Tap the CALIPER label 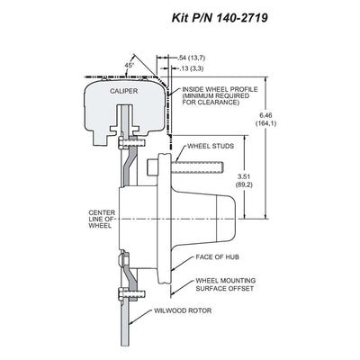[x=123, y=91]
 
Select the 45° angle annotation [x=129, y=65]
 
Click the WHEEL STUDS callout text [x=211, y=147]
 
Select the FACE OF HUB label [x=217, y=257]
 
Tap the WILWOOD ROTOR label [x=183, y=310]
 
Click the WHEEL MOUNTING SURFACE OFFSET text [x=226, y=284]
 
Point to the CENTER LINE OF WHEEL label [x=102, y=220]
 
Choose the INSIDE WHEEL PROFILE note [x=220, y=96]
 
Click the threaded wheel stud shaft [x=196, y=166]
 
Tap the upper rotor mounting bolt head [x=121, y=142]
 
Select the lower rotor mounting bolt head [x=121, y=293]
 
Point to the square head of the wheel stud [x=152, y=166]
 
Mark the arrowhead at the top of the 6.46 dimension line [x=266, y=79]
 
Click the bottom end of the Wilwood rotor [x=126, y=345]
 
